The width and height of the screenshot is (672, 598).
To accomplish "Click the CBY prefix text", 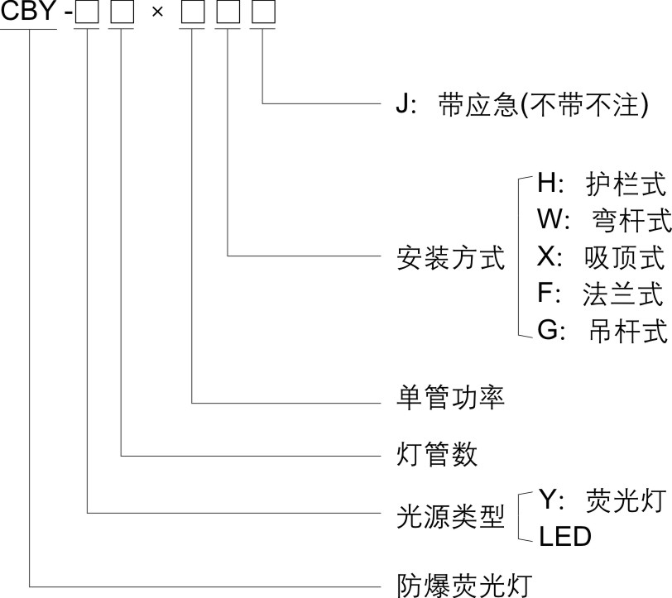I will (29, 13).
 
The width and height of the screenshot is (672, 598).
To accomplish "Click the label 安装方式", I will (451, 258).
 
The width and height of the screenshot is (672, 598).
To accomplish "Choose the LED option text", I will (565, 537).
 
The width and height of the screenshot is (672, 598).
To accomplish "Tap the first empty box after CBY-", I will (86, 15).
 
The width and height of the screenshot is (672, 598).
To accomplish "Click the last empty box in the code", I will (262, 15).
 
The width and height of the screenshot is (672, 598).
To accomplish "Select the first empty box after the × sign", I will (192, 15).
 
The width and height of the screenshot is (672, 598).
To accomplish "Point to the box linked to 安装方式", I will (227, 15).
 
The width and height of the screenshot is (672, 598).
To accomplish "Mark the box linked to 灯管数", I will (121, 15).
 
